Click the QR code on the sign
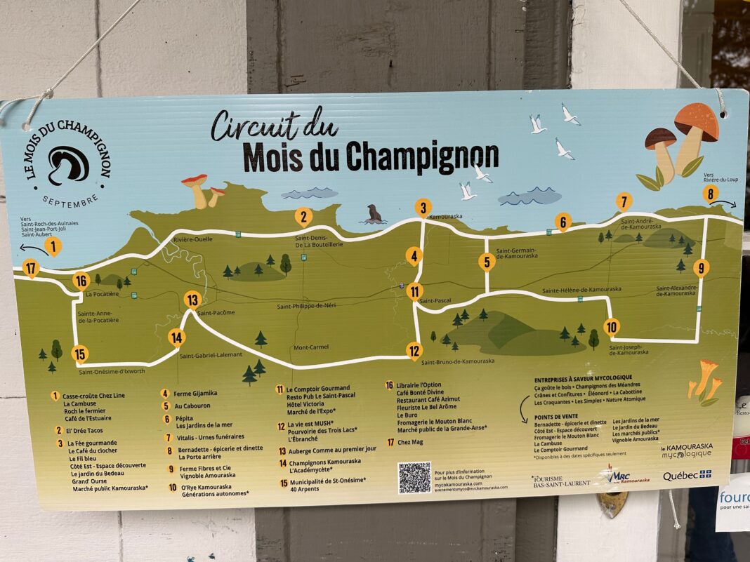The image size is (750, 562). pyautogui.click(x=414, y=477)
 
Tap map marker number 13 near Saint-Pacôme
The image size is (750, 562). pyautogui.click(x=192, y=300)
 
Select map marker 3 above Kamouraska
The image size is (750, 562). pyautogui.click(x=423, y=208)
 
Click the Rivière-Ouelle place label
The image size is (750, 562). pyautogui.click(x=193, y=239)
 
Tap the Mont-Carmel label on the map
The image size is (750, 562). pyautogui.click(x=311, y=347)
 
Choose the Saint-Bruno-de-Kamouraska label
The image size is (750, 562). pyautogui.click(x=458, y=361)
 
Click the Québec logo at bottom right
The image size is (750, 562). pyautogui.click(x=687, y=475)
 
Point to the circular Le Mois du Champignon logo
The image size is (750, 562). pyautogui.click(x=69, y=166)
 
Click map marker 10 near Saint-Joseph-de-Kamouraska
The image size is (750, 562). pyautogui.click(x=612, y=326)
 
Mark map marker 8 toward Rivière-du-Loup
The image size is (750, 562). pyautogui.click(x=711, y=194)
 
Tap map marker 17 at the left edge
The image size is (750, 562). pyautogui.click(x=30, y=268)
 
